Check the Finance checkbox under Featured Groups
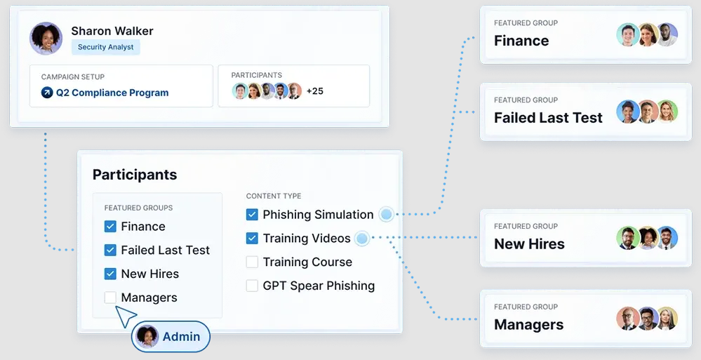coord(110,226)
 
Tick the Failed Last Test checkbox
coord(110,250)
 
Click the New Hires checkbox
coord(110,274)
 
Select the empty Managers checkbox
coord(110,298)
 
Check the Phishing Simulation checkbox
coord(252,215)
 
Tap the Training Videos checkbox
coord(252,239)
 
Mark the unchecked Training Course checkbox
coord(252,262)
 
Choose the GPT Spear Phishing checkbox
coord(252,286)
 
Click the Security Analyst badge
coord(105,47)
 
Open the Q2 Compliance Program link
coord(112,93)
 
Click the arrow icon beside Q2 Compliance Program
coord(47,93)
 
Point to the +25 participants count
coord(315,91)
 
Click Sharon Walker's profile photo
coord(46,39)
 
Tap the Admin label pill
coord(171,336)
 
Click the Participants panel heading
coord(135,175)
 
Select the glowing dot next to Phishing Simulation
coord(386,215)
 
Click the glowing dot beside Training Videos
coord(362,239)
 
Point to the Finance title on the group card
coord(521,41)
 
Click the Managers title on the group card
coord(529,325)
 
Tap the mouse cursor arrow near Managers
coord(125,316)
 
